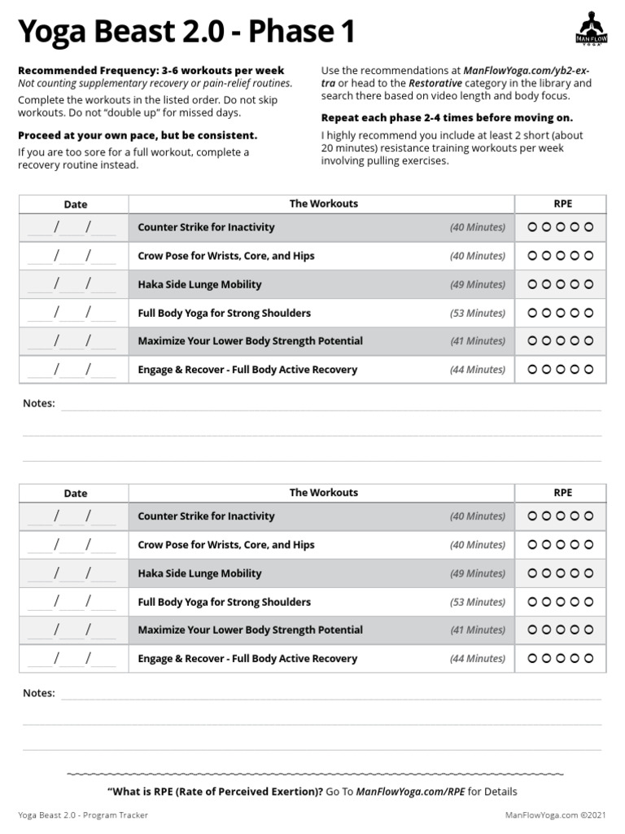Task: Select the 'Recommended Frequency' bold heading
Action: [151, 71]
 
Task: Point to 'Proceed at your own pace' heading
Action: [138, 135]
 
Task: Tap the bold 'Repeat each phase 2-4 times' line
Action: [447, 117]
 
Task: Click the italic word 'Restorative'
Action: [435, 83]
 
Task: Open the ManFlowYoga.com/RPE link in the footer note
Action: [410, 791]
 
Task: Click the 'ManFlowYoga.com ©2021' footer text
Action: [556, 814]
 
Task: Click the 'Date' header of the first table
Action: [75, 204]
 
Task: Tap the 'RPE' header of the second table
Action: [563, 493]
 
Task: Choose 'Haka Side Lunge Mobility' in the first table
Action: [199, 284]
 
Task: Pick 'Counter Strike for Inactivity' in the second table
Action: [206, 516]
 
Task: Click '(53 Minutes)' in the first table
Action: [478, 313]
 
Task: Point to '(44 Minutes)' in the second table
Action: [478, 658]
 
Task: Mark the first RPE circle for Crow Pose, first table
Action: [533, 256]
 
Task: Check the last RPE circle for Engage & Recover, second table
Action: [589, 658]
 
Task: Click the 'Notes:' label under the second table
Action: [39, 693]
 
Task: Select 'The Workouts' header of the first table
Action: [323, 204]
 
